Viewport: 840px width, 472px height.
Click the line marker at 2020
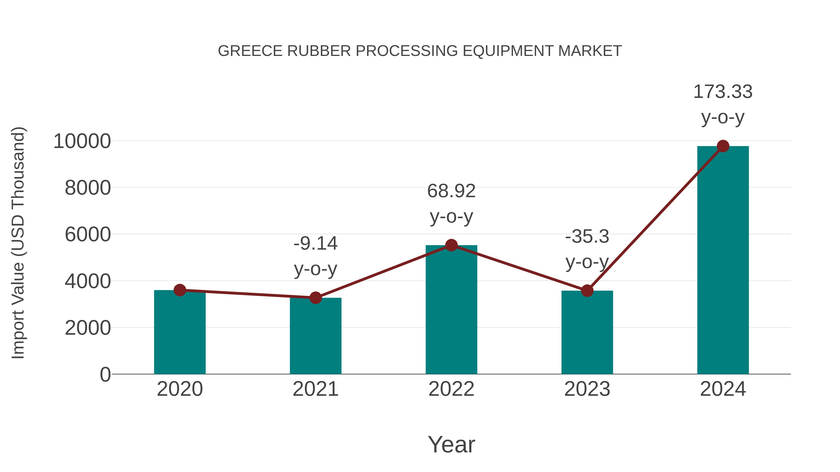pos(180,290)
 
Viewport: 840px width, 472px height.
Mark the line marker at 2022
pos(451,245)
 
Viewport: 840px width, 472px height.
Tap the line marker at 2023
pos(587,291)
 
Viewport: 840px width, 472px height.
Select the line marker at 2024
pos(723,146)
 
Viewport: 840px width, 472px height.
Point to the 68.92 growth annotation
pos(451,191)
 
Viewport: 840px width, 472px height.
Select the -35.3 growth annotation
pos(587,237)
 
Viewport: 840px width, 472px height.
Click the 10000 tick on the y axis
pos(82,141)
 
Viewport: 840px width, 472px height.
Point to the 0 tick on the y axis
pos(105,374)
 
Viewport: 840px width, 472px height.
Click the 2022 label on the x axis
pos(451,389)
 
